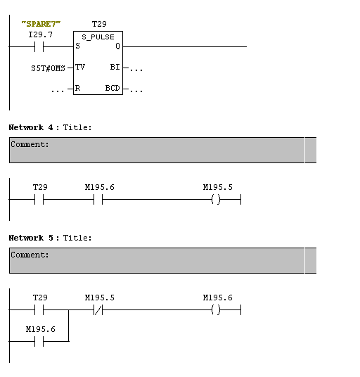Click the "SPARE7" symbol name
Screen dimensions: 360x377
point(41,24)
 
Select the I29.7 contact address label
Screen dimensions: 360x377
point(40,34)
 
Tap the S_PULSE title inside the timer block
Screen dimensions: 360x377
point(98,37)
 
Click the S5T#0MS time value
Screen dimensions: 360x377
point(48,68)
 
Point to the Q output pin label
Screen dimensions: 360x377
point(117,46)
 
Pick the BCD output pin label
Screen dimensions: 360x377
point(112,88)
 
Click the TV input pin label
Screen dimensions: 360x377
point(80,67)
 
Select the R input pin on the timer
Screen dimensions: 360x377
point(77,88)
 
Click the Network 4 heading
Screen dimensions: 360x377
point(31,127)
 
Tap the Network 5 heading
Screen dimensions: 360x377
point(31,238)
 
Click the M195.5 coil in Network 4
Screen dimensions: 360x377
point(216,199)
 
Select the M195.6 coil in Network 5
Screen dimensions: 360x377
point(216,309)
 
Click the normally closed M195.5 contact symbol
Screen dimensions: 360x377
point(98,309)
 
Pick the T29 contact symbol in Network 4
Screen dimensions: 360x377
point(39,199)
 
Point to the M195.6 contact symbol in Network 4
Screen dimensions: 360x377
point(98,199)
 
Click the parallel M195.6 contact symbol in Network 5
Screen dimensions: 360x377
point(39,341)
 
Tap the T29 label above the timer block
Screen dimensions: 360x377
point(99,24)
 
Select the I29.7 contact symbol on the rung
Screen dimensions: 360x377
point(39,46)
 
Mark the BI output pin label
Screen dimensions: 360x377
point(115,67)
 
